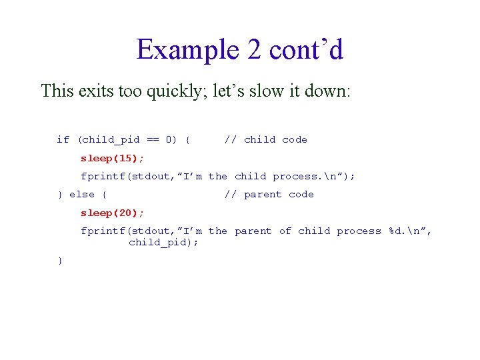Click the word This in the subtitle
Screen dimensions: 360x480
(x=57, y=91)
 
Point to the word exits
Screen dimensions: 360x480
(x=94, y=91)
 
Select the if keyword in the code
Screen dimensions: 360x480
(x=63, y=139)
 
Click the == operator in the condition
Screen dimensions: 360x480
(x=153, y=139)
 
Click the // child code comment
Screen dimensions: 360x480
(x=265, y=139)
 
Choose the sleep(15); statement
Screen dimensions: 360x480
(x=112, y=158)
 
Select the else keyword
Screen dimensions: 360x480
(x=82, y=194)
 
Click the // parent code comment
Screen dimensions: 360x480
(x=269, y=194)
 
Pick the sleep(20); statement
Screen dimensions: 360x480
(x=112, y=213)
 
